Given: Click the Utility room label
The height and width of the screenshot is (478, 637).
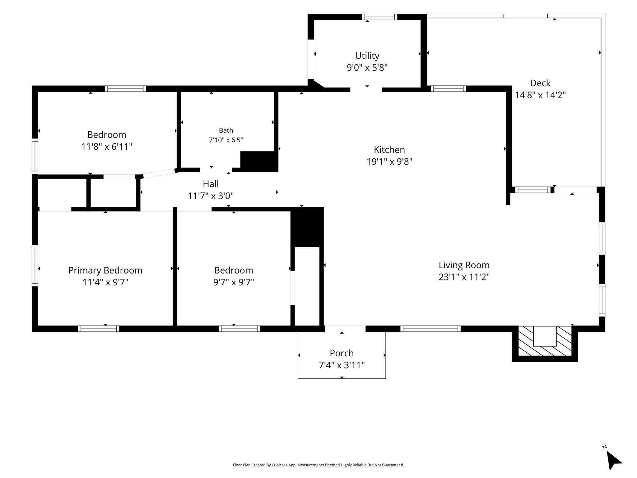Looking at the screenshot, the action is pyautogui.click(x=367, y=56).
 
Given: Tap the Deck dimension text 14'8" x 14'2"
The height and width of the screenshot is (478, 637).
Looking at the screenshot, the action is pyautogui.click(x=540, y=95).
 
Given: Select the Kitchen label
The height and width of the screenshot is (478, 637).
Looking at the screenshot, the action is pyautogui.click(x=389, y=150).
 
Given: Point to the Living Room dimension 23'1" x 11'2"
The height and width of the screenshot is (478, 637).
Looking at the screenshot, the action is pyautogui.click(x=464, y=277).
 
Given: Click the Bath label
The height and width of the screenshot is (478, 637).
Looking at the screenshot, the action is pyautogui.click(x=226, y=130).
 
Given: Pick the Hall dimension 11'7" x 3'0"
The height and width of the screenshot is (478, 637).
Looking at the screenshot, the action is pyautogui.click(x=211, y=196).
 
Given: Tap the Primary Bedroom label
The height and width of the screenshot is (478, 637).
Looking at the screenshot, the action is pyautogui.click(x=105, y=270).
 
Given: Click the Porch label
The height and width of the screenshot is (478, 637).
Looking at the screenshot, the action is pyautogui.click(x=342, y=353).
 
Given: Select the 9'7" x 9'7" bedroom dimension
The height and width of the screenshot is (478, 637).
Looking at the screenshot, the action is pyautogui.click(x=234, y=282).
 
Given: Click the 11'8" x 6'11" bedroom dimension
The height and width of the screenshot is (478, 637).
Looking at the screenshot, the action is pyautogui.click(x=107, y=147).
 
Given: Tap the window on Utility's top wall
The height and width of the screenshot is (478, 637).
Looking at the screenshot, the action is pyautogui.click(x=380, y=17).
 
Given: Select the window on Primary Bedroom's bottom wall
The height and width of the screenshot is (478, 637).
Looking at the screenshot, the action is pyautogui.click(x=99, y=329).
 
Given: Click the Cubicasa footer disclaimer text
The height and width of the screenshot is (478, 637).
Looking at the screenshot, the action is pyautogui.click(x=318, y=465).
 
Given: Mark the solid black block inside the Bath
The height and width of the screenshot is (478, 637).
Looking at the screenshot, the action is pyautogui.click(x=259, y=162).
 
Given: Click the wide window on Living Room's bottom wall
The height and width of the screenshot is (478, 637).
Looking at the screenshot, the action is pyautogui.click(x=430, y=329).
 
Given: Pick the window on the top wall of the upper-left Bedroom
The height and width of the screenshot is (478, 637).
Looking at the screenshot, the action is pyautogui.click(x=125, y=89).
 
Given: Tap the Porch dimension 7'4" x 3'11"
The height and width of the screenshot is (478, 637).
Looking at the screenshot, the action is pyautogui.click(x=342, y=365).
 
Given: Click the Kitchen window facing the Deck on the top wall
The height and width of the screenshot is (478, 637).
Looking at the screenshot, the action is pyautogui.click(x=448, y=89).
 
